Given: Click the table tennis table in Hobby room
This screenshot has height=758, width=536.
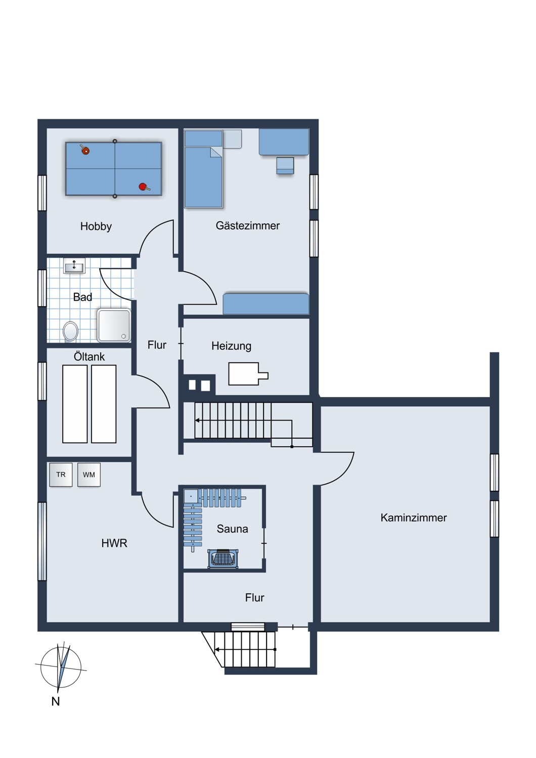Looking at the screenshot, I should [114, 169].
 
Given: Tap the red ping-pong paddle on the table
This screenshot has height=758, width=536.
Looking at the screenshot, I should [143, 187].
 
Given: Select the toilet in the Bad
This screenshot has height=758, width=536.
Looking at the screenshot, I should [71, 331].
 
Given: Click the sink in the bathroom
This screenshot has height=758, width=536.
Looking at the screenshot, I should [74, 266].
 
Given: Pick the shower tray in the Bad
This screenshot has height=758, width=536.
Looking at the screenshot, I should [114, 325].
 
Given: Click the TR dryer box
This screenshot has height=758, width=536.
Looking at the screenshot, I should [61, 475].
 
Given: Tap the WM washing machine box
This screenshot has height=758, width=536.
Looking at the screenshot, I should [89, 475].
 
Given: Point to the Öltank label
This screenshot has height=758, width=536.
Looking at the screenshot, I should [89, 357].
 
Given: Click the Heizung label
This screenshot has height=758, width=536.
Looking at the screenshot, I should [231, 346].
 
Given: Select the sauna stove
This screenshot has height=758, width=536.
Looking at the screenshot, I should [222, 558].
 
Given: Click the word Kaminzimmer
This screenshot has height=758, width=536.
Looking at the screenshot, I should [413, 517].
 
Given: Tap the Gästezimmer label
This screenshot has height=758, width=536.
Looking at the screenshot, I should [247, 226].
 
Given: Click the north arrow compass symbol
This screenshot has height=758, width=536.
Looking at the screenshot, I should [61, 667].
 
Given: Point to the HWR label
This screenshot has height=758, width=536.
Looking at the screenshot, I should [114, 543].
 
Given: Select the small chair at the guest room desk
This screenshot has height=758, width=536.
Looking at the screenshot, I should [285, 165].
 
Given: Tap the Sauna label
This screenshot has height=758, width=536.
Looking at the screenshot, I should [232, 529].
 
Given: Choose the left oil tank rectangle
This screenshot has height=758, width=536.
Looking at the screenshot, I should [75, 404].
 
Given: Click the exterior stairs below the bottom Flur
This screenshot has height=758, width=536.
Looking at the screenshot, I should [245, 649].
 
